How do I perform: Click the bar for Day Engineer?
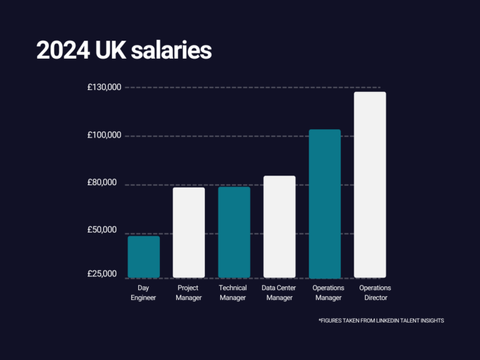click(x=144, y=257)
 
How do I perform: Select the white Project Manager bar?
click(x=189, y=232)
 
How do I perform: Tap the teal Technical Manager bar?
click(x=234, y=232)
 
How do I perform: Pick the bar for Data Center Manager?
click(x=279, y=227)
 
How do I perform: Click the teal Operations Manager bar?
click(x=325, y=204)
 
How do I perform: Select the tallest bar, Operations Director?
click(x=370, y=185)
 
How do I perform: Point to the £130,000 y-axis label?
click(x=104, y=88)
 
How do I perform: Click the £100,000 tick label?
click(x=104, y=136)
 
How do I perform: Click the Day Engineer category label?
click(x=143, y=292)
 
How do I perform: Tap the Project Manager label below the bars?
click(x=189, y=292)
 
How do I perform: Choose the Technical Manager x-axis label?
click(x=233, y=292)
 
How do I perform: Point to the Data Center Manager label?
click(x=279, y=292)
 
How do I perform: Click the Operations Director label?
click(x=375, y=292)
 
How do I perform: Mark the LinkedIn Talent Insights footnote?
click(x=381, y=321)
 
